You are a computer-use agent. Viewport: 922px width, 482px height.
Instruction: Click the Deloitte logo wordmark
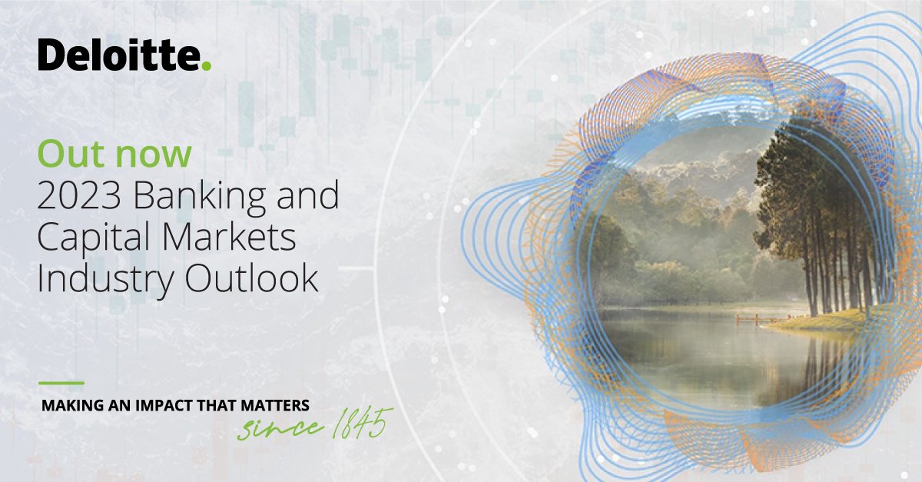pyautogui.click(x=120, y=55)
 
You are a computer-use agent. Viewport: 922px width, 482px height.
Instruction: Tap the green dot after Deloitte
pyautogui.click(x=205, y=67)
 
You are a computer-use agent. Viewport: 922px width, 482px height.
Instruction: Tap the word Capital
pyautogui.click(x=91, y=240)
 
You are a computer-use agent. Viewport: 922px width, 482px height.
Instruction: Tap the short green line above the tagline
pyautogui.click(x=61, y=382)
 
